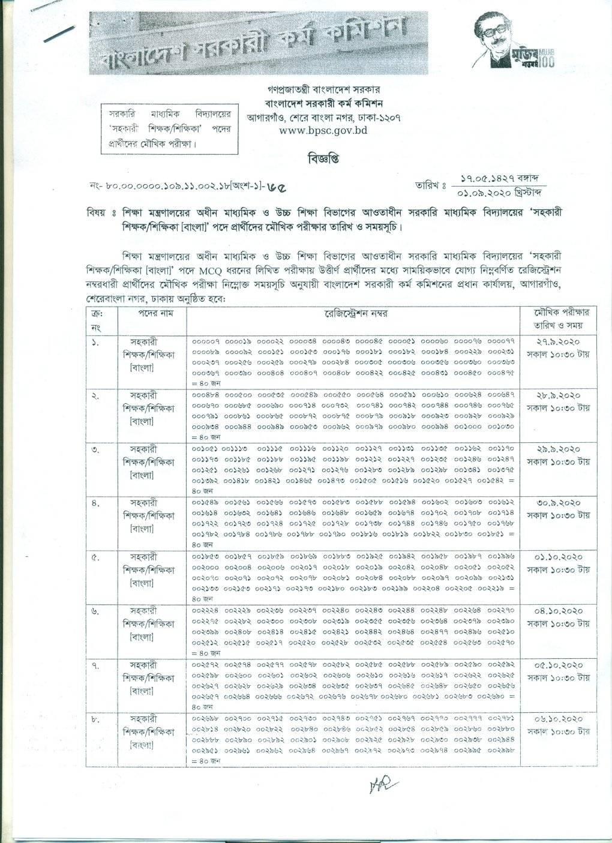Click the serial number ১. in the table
(96, 341)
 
